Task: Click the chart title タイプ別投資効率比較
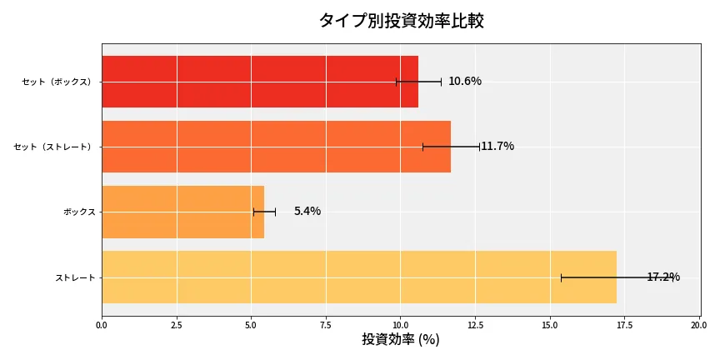point(401,21)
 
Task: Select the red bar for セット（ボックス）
point(259,82)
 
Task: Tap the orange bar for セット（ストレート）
point(276,147)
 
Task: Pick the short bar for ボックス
point(182,212)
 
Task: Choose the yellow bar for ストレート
point(358,277)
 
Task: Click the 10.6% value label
point(465,82)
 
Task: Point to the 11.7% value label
point(497,147)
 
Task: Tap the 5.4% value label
point(307,212)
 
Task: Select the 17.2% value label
point(663,277)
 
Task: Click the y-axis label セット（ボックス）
point(57,82)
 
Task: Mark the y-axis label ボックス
point(79,212)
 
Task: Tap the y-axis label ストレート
point(75,277)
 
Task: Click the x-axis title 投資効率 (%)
point(401,340)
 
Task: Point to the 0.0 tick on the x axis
point(102,325)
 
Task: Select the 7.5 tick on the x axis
point(326,325)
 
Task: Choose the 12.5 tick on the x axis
point(475,325)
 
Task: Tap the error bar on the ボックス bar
point(264,212)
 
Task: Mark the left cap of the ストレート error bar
point(561,277)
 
